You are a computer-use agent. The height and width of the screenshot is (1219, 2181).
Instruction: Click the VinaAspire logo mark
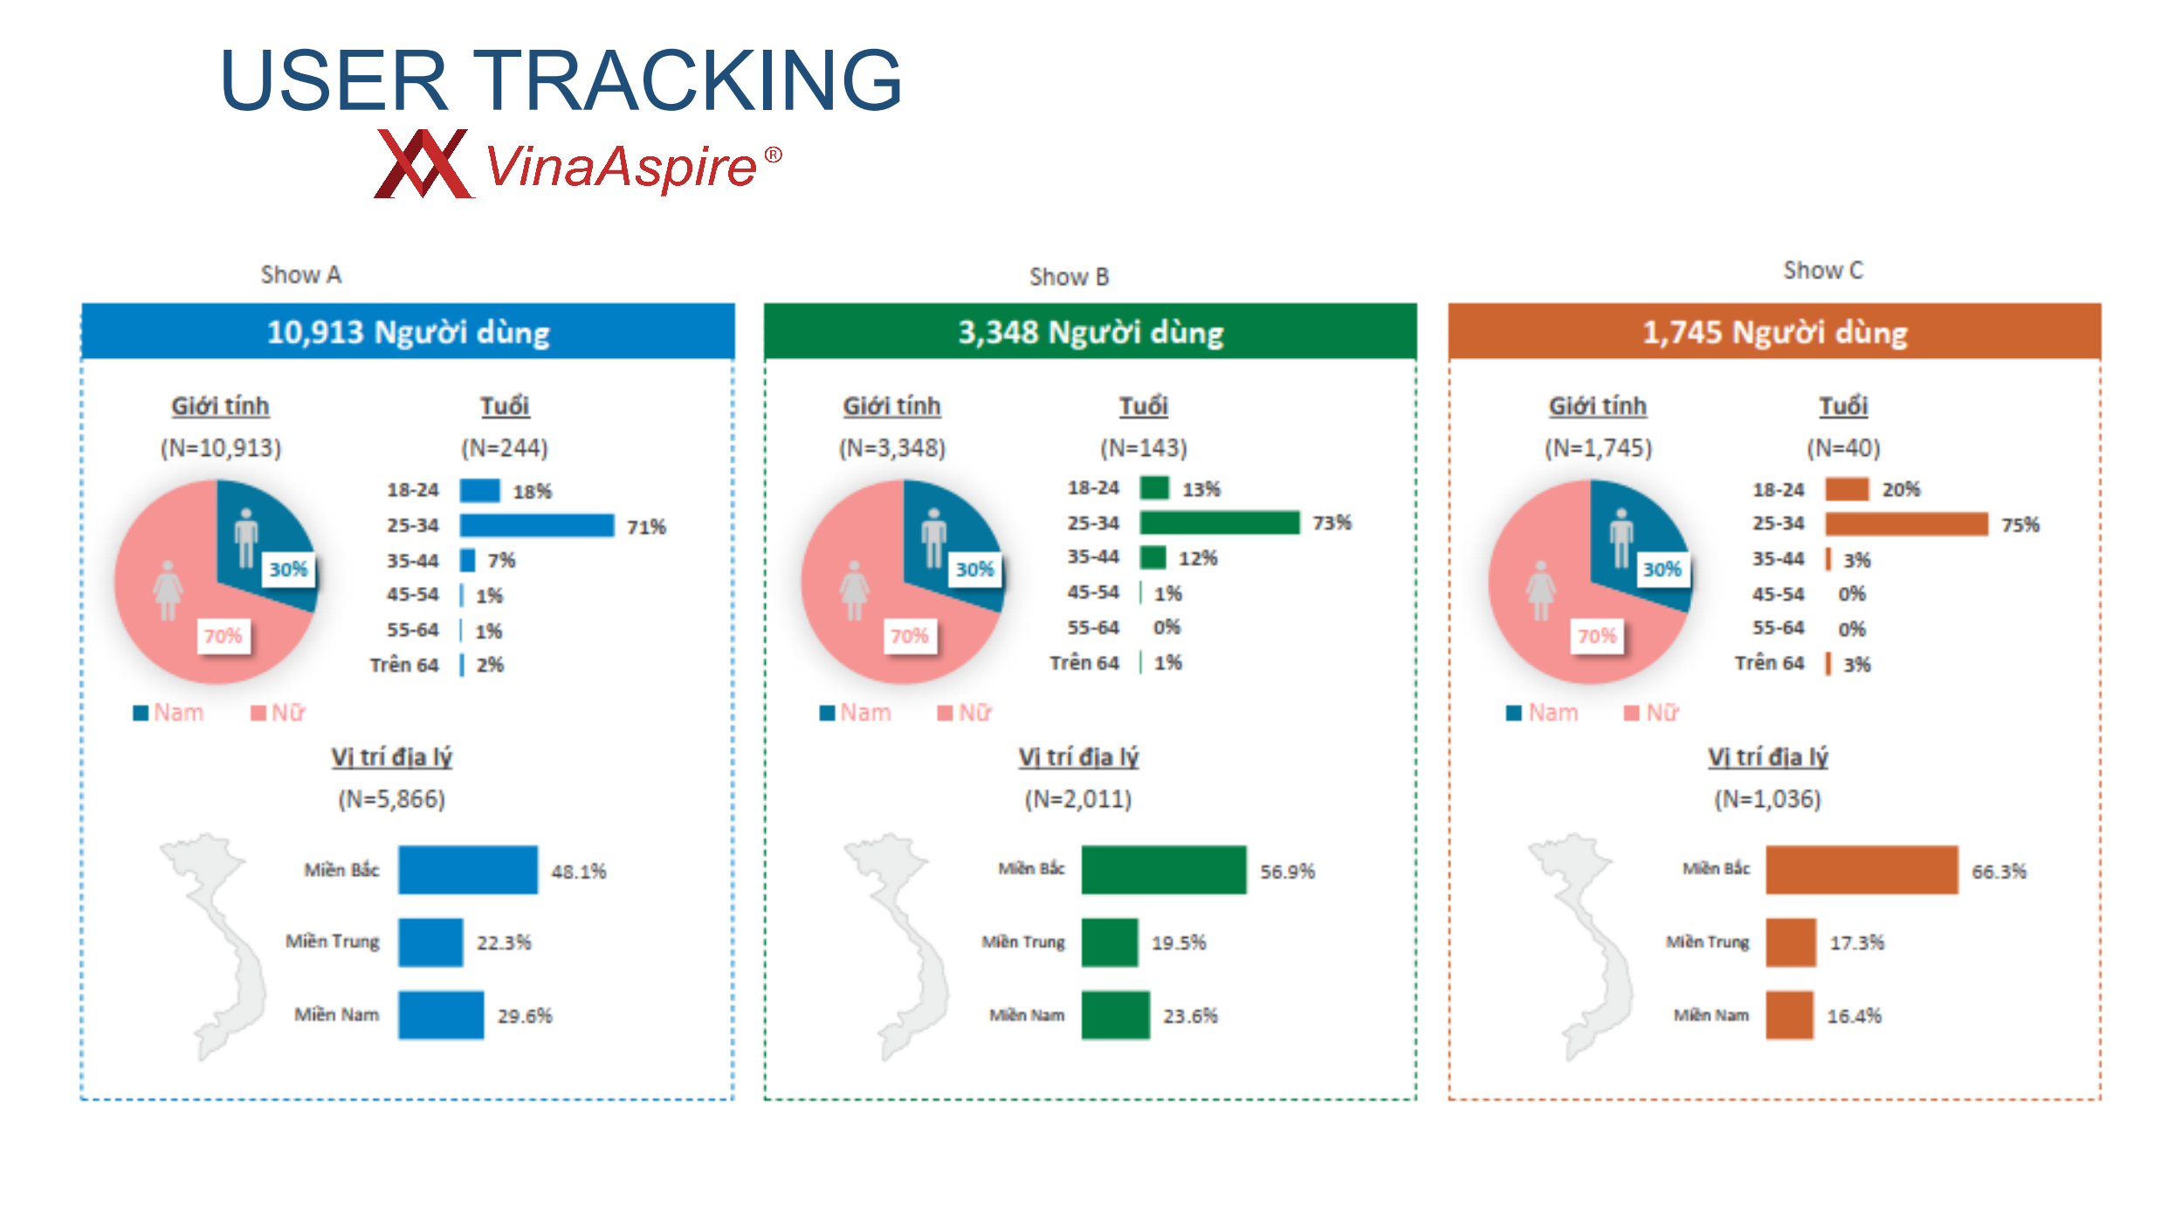pyautogui.click(x=424, y=164)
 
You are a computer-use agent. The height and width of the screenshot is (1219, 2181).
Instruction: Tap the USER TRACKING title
pyautogui.click(x=561, y=80)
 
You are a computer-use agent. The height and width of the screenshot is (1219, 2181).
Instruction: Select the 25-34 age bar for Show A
pyautogui.click(x=537, y=525)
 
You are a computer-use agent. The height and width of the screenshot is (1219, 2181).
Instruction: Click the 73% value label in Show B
pyautogui.click(x=1331, y=523)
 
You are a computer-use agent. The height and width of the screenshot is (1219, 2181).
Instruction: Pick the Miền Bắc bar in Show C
pyautogui.click(x=1861, y=870)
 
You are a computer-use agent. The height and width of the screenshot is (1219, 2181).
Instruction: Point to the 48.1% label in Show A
pyautogui.click(x=579, y=871)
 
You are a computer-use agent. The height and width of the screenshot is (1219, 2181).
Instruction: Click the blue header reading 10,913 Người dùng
pyautogui.click(x=409, y=331)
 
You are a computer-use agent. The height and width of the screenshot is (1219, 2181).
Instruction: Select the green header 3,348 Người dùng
pyautogui.click(x=1090, y=331)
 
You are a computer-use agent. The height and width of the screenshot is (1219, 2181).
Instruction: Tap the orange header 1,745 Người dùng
pyautogui.click(x=1775, y=331)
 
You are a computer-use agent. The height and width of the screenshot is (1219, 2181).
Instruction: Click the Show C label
pyautogui.click(x=1823, y=271)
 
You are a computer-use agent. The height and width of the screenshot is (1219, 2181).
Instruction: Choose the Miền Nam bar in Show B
pyautogui.click(x=1116, y=1015)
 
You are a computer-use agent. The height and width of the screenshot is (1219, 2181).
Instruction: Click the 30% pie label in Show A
pyautogui.click(x=288, y=569)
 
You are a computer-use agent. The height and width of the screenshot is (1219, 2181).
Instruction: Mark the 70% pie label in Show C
pyautogui.click(x=1597, y=636)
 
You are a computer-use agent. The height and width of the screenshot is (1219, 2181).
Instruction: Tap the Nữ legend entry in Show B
pyautogui.click(x=965, y=713)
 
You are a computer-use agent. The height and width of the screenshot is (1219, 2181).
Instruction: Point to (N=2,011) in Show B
pyautogui.click(x=1078, y=799)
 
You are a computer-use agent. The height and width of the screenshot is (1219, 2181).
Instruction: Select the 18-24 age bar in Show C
pyautogui.click(x=1847, y=489)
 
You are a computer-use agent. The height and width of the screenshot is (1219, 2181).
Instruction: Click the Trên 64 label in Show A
pyautogui.click(x=404, y=665)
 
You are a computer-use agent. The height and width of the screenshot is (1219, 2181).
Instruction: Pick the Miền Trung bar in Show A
pyautogui.click(x=430, y=942)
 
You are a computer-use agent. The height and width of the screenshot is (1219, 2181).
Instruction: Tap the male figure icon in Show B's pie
pyautogui.click(x=934, y=538)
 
